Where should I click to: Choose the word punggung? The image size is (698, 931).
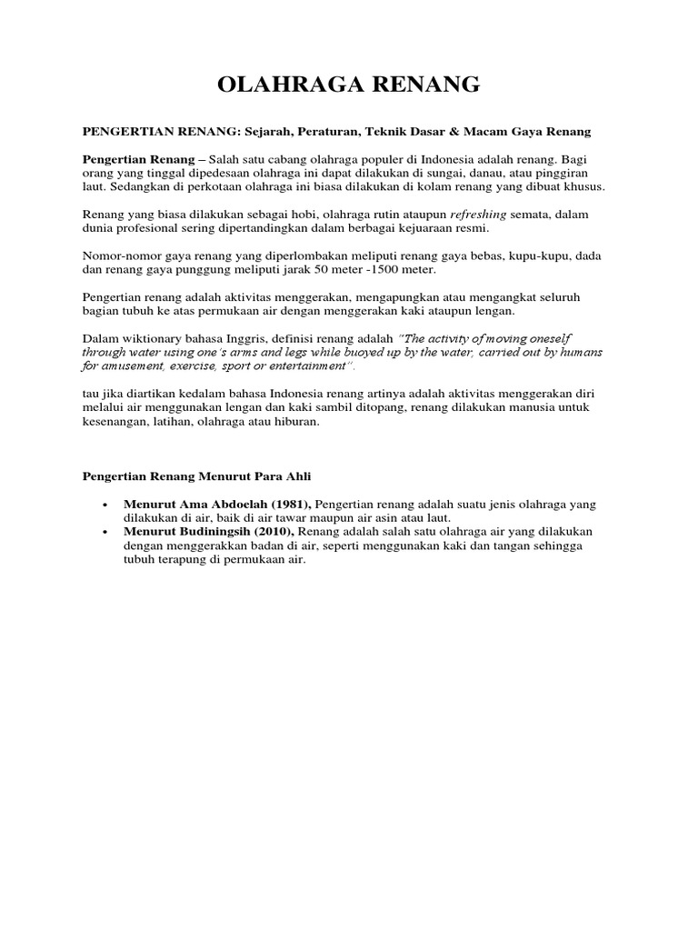click(x=227, y=270)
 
